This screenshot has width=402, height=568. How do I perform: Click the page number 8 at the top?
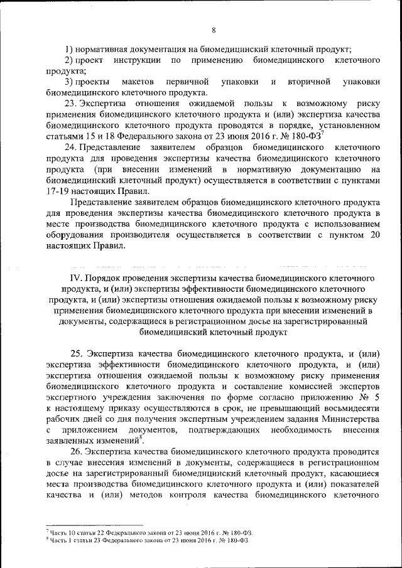point(214,29)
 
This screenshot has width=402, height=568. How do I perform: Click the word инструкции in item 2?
point(138,60)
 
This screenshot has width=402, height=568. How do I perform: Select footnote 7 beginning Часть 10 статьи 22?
point(144,532)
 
